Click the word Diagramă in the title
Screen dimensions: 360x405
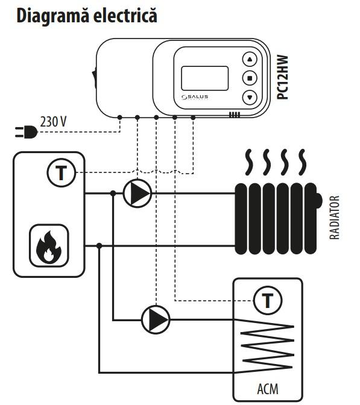[52, 16]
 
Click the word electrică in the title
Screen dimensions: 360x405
[125, 15]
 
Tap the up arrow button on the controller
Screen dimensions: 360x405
[250, 59]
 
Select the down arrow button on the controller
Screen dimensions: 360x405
[250, 98]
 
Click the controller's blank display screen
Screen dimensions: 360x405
[205, 78]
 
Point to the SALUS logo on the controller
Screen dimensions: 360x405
[195, 97]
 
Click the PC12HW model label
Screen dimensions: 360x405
[282, 77]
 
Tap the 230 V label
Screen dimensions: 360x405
[53, 121]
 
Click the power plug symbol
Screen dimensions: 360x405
[26, 132]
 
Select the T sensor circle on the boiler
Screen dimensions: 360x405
[62, 173]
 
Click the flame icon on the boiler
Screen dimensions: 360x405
[49, 246]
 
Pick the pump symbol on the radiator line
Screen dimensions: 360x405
[137, 193]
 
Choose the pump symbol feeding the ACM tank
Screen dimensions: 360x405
[156, 320]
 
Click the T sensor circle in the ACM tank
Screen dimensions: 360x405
[268, 300]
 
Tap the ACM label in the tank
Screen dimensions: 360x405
[268, 389]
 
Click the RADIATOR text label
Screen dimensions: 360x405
[335, 218]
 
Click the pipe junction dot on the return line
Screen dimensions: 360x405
[99, 246]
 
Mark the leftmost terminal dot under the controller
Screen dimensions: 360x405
[119, 118]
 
